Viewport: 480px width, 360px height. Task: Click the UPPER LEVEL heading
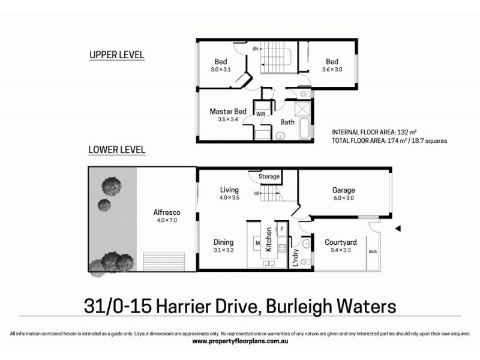tap(116, 55)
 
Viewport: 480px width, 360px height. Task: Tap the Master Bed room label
tap(228, 112)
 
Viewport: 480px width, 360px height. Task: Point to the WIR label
tap(261, 113)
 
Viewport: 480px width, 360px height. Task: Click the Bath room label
tap(287, 122)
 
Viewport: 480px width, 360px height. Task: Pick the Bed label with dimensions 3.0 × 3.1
tap(221, 62)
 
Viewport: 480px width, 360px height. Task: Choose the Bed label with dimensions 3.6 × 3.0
tap(332, 62)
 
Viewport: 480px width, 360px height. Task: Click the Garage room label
tap(343, 191)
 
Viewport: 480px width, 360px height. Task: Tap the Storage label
tap(269, 177)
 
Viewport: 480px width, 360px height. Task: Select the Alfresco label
tap(167, 212)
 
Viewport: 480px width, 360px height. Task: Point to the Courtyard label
tap(341, 242)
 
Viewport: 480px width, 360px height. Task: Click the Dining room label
tap(223, 242)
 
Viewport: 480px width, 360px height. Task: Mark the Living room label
tap(229, 190)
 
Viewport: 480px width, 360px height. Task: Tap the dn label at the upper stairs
tap(255, 49)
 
